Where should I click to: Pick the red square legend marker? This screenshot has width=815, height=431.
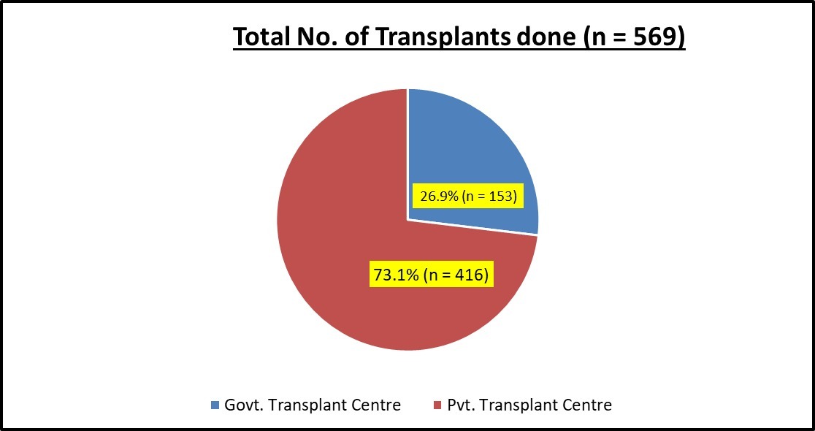[x=437, y=405]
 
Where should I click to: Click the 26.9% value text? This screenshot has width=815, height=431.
[x=436, y=196]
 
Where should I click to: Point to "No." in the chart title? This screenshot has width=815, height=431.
[x=321, y=37]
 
